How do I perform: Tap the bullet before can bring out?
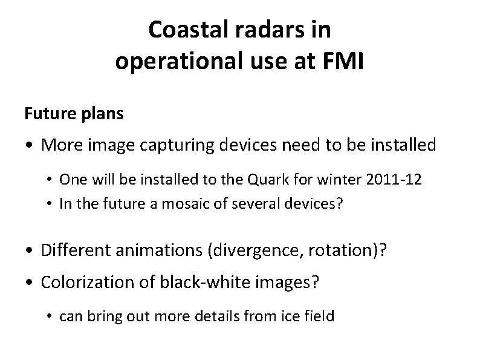pos(51,316)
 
